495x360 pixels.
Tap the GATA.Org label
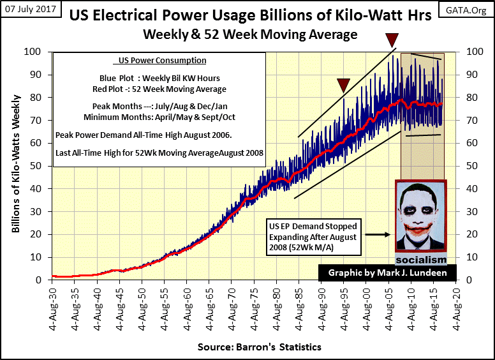click(x=463, y=10)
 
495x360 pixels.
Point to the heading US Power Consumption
click(x=163, y=61)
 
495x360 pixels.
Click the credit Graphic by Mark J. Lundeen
click(x=387, y=273)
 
